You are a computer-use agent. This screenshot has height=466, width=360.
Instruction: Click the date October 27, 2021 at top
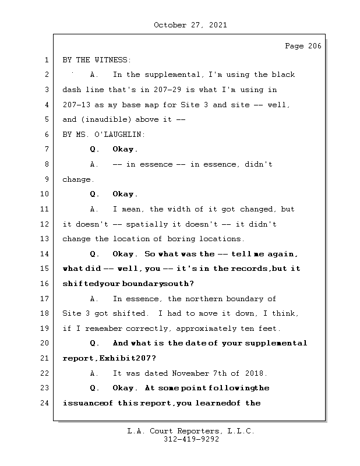tap(190, 25)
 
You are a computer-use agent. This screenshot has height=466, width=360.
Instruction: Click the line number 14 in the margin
tap(45, 254)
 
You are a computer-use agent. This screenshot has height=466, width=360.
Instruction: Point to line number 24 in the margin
tap(45, 403)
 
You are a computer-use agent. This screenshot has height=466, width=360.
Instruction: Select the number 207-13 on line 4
tap(77, 105)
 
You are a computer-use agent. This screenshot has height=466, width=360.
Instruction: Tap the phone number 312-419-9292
tap(191, 440)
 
